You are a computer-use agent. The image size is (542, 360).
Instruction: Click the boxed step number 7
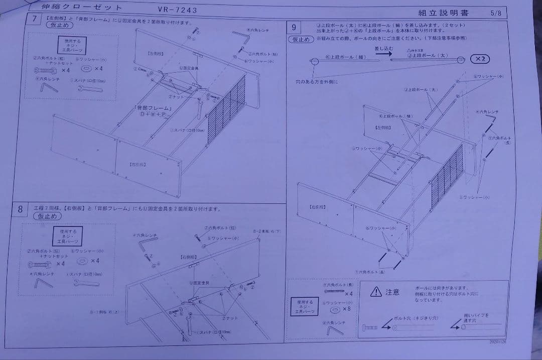[34, 20]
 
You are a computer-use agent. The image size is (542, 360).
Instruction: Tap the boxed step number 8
[20, 209]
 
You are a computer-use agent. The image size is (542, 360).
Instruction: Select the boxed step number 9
[294, 27]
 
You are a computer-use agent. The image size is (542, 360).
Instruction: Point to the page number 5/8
[495, 14]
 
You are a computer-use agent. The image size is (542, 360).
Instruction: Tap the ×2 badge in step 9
[480, 59]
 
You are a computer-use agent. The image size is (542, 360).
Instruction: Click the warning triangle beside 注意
[376, 291]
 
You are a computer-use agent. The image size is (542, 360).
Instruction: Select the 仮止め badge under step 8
[47, 216]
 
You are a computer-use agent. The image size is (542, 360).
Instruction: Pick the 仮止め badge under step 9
[301, 39]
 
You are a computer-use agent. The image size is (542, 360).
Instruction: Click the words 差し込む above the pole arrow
[383, 49]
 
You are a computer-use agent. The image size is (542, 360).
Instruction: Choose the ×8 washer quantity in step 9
[347, 308]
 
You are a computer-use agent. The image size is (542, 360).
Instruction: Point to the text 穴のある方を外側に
[317, 81]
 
